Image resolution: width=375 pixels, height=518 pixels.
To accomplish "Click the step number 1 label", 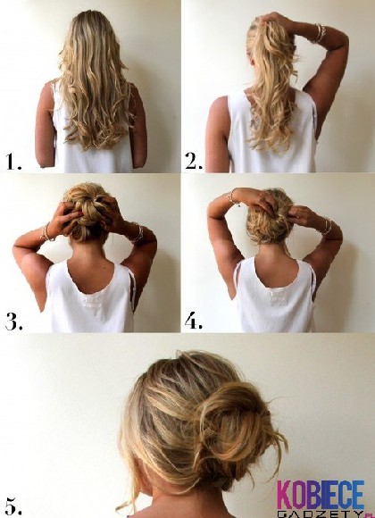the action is pyautogui.click(x=13, y=162).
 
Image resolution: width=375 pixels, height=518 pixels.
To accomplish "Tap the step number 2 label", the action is pyautogui.click(x=194, y=162).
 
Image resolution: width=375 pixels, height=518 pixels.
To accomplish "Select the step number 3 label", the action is pyautogui.click(x=13, y=322).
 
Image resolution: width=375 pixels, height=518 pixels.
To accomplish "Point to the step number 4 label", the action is pyautogui.click(x=193, y=322).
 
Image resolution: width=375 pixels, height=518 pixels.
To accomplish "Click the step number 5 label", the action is pyautogui.click(x=13, y=506).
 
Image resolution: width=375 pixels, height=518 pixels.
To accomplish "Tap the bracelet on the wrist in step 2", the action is pyautogui.click(x=321, y=33).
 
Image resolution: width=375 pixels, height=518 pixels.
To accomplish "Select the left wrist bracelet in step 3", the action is pyautogui.click(x=46, y=232).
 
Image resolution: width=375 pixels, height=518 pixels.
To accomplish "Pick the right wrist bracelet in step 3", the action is pyautogui.click(x=137, y=234).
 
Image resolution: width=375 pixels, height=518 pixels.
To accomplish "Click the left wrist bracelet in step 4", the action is pyautogui.click(x=232, y=196).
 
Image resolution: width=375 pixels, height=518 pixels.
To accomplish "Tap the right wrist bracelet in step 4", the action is pyautogui.click(x=327, y=226).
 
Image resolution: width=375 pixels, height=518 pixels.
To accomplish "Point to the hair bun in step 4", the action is pyautogui.click(x=270, y=218).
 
